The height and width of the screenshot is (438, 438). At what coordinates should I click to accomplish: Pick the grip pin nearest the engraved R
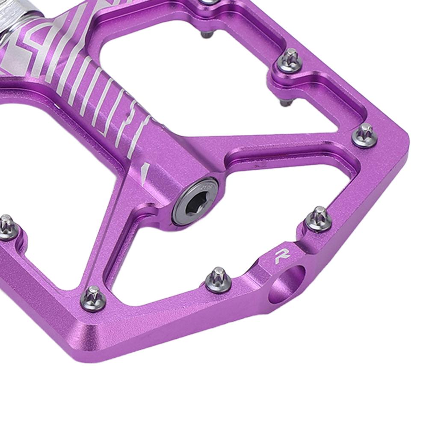[318, 219]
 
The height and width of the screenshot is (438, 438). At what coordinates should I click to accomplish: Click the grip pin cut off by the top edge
[210, 2]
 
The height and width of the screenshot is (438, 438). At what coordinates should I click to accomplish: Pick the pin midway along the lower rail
[218, 279]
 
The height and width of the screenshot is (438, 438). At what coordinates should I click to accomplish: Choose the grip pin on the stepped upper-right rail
[290, 61]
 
